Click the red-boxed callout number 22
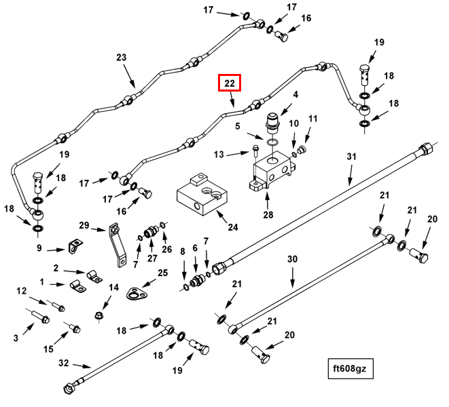tap(230, 83)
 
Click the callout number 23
tap(122, 58)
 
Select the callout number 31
tap(351, 157)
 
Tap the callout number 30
tap(293, 259)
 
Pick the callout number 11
tap(313, 119)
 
